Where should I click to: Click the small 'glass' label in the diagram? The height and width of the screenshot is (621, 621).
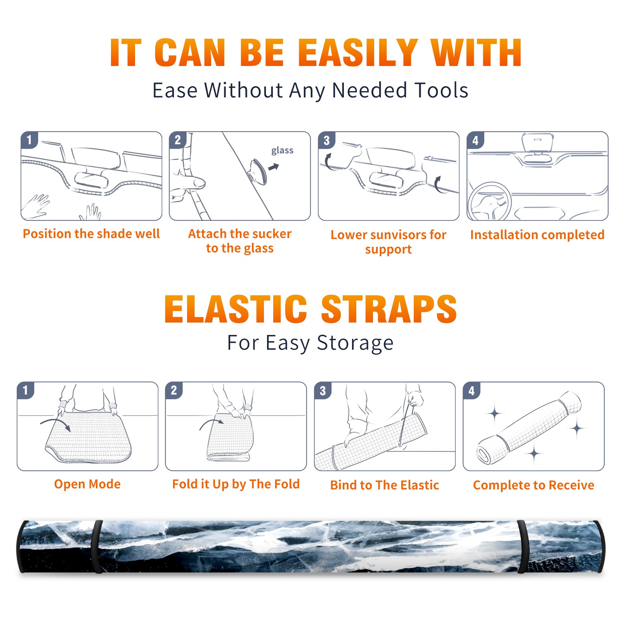(282, 151)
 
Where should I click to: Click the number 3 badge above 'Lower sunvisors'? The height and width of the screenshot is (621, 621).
(326, 140)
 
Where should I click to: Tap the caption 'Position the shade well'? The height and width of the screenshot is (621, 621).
(91, 234)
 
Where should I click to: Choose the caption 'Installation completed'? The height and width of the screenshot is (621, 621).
(537, 234)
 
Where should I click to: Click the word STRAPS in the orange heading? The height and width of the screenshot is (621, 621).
(389, 309)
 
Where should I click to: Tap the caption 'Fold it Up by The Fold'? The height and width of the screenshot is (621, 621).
(236, 484)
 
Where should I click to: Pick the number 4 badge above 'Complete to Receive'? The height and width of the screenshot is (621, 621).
(471, 390)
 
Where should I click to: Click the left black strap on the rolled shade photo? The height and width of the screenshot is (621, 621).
(97, 546)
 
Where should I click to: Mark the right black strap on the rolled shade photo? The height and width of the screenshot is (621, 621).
(522, 546)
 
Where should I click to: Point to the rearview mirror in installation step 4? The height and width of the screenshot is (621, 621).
(538, 143)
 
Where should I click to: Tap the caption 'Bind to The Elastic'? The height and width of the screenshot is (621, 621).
(385, 485)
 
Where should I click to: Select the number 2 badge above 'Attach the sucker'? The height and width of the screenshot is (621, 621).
(177, 140)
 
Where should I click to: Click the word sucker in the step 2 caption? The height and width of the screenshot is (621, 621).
(269, 234)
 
